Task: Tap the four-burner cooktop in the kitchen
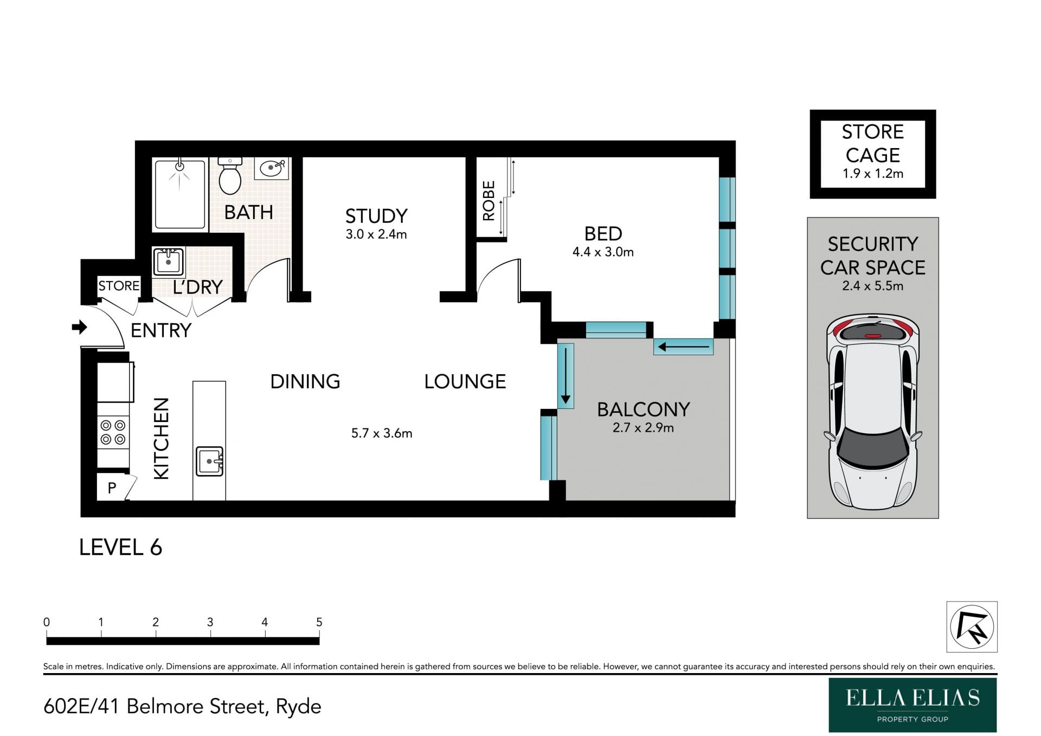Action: point(113,432)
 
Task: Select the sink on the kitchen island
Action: point(209,461)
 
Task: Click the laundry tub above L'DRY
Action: point(169,261)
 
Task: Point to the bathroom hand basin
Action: point(271,168)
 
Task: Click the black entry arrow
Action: point(79,327)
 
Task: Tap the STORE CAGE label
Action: point(872,143)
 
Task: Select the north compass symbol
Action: point(972,626)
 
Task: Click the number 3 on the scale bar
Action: point(210,622)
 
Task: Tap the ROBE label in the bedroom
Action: point(489,201)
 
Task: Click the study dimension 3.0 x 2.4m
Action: point(376,234)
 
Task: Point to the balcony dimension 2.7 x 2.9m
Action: point(643,427)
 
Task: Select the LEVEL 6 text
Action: point(120,547)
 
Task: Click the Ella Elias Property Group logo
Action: point(913,705)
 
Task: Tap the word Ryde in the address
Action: point(298,707)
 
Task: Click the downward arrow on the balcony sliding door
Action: point(566,376)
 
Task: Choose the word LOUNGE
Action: point(465,381)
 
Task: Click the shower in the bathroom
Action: point(180,194)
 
